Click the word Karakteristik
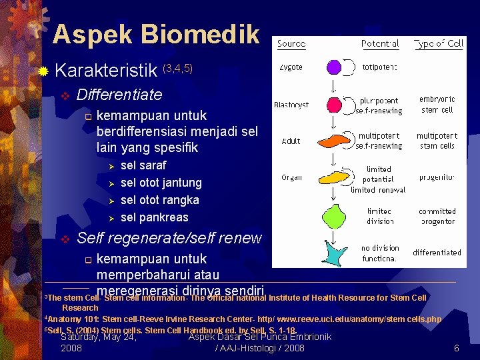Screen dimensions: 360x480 pos(107,69)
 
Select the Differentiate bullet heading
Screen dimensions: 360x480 pos(119,94)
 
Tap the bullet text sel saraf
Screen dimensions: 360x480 pos(143,165)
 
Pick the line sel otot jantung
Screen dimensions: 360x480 pos(161,183)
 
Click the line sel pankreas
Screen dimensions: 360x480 pos(154,217)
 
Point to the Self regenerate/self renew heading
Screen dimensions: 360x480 pos(169,238)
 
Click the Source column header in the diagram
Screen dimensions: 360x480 pos(291,44)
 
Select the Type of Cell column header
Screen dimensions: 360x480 pos(438,44)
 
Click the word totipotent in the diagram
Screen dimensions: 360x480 pos(380,67)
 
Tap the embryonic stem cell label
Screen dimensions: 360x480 pos(437,105)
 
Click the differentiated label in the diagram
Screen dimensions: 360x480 pos(437,253)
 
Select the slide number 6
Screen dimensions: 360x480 pos(457,349)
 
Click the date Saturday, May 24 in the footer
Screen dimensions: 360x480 pos(99,337)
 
